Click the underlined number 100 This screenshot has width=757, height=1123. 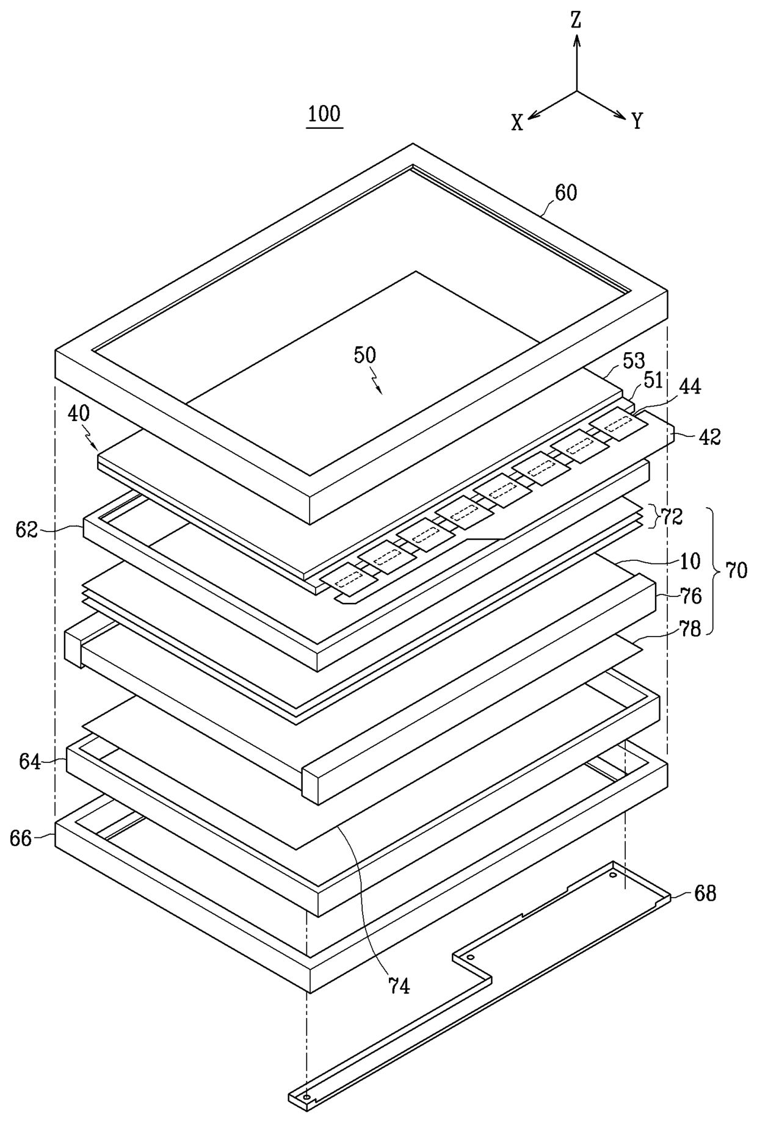324,114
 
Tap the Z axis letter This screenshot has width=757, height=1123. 576,21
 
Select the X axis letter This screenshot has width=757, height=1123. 517,124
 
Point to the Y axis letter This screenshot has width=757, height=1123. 637,121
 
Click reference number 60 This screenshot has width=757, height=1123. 565,193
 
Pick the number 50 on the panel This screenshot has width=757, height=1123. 364,355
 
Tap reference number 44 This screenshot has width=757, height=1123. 689,386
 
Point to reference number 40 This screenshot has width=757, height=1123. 79,414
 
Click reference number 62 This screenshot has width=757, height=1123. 27,530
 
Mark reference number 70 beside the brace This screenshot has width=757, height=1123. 736,570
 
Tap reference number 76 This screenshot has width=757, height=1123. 690,595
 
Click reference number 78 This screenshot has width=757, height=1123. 690,629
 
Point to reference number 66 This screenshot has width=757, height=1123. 21,839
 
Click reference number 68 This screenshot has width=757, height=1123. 705,894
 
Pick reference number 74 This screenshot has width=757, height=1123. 399,985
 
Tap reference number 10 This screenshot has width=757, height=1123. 689,561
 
